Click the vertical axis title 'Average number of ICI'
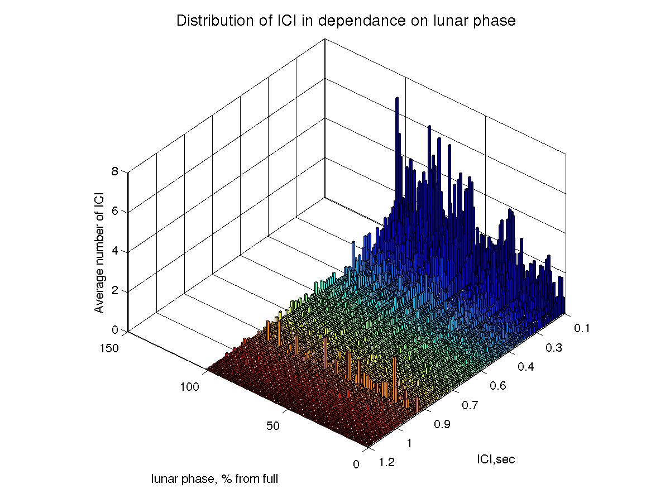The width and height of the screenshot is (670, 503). pos(99,250)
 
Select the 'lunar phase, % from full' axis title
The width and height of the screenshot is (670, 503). pos(214,478)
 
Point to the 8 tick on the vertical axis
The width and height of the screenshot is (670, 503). pos(114,172)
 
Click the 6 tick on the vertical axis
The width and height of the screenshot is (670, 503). pos(114,212)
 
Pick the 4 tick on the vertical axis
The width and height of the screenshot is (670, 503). pos(114,251)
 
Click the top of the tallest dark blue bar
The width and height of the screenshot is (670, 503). pos(397,99)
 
